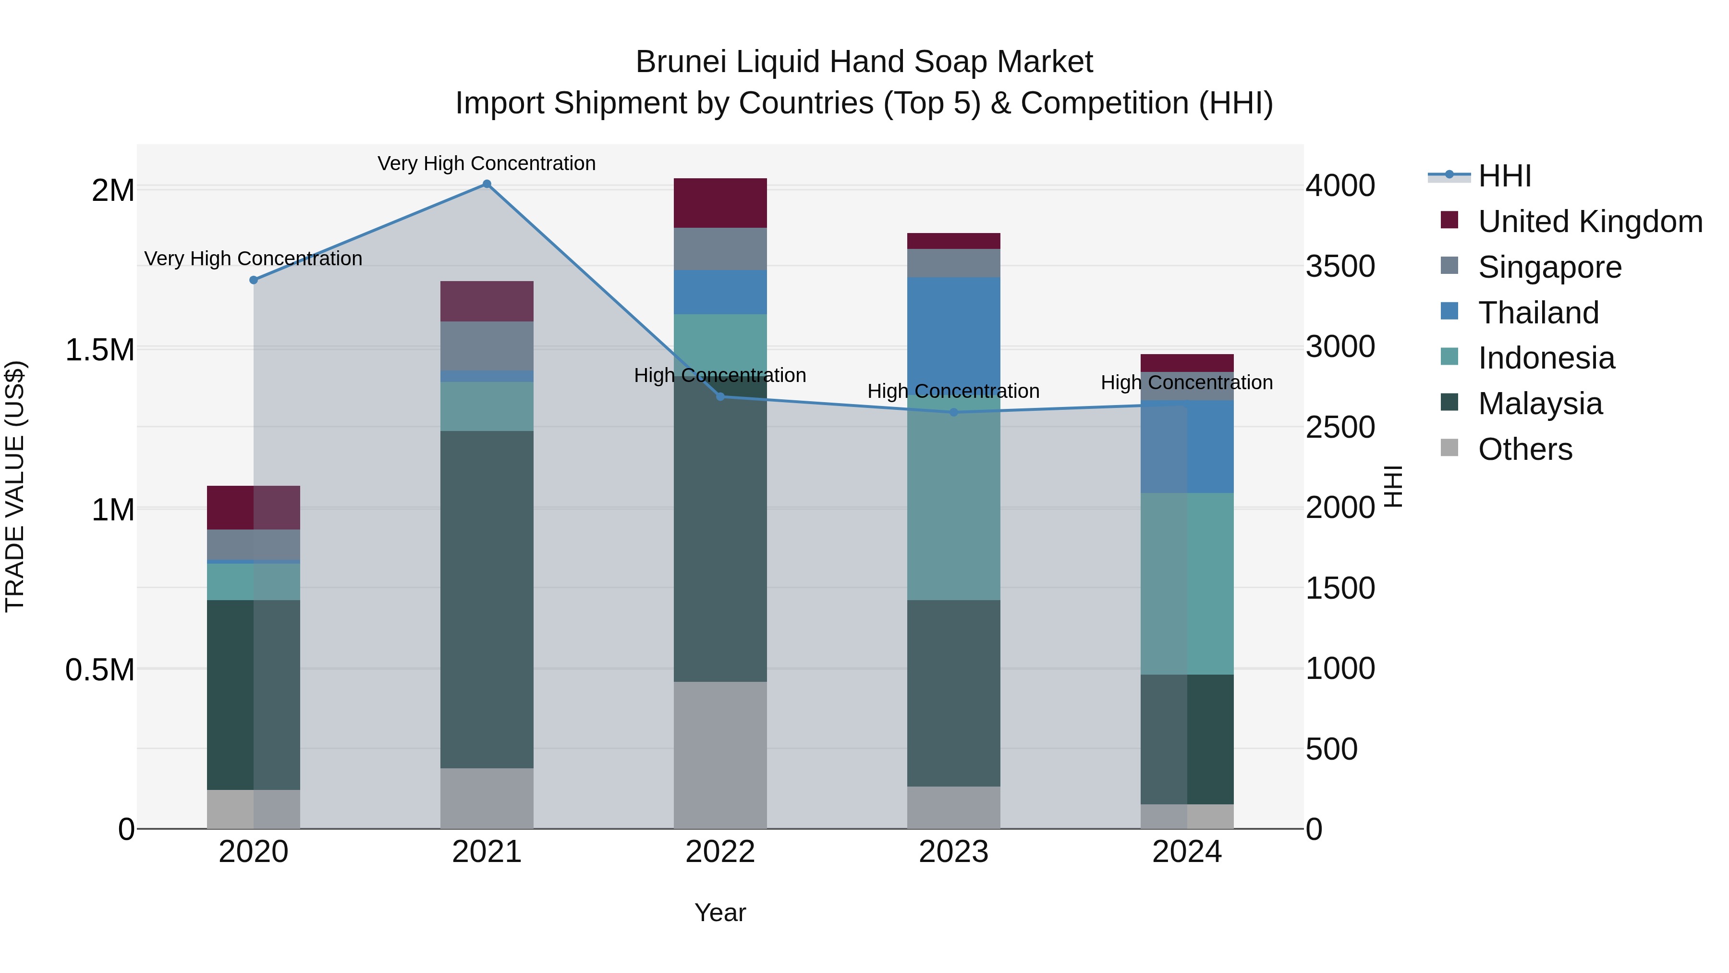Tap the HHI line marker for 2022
[720, 397]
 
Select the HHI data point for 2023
[954, 412]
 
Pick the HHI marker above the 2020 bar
[254, 280]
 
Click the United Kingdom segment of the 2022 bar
[720, 203]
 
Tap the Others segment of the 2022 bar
[720, 755]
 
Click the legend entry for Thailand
[1538, 313]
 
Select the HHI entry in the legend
[1504, 176]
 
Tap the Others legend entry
[1524, 449]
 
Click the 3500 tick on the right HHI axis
[1339, 267]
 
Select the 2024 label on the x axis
[1187, 852]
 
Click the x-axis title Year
[720, 912]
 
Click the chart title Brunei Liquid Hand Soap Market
[864, 62]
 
